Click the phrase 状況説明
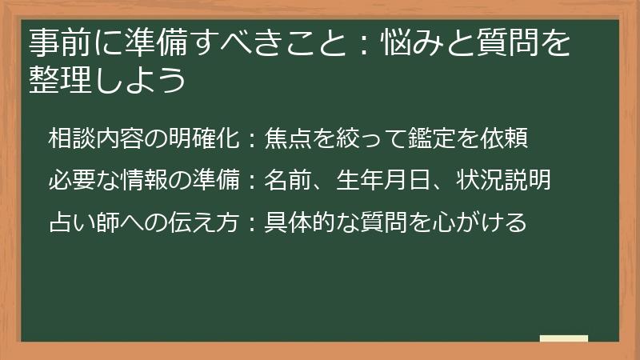(x=503, y=181)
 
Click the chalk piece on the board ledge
(x=564, y=339)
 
